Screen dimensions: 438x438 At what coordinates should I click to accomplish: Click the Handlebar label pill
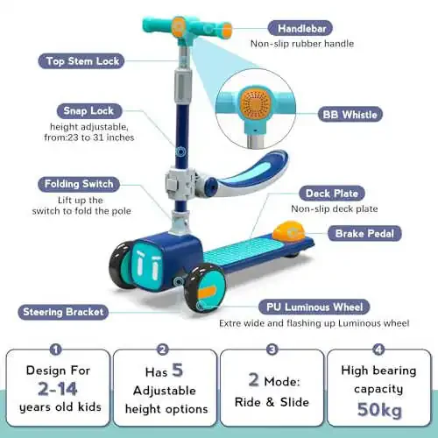click(300, 28)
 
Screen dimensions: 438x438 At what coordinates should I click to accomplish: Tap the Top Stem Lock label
click(81, 61)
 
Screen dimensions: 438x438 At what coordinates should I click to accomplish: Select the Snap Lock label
click(89, 111)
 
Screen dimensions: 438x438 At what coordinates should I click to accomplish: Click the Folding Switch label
click(79, 184)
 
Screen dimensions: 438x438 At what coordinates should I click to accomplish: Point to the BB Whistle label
click(350, 115)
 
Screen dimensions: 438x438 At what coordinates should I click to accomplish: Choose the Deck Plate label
click(332, 194)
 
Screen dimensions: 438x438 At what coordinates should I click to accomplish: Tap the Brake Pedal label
click(364, 234)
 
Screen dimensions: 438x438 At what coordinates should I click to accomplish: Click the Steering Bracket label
click(63, 312)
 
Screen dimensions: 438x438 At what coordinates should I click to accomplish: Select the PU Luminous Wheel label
click(314, 307)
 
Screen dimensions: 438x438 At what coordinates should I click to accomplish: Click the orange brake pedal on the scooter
click(288, 231)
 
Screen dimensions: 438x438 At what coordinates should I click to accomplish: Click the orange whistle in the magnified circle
click(256, 102)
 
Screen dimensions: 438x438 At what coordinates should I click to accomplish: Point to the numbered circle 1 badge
click(55, 350)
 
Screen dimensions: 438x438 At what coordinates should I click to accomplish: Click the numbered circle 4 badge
click(378, 350)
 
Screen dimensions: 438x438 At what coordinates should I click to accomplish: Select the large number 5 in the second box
click(177, 370)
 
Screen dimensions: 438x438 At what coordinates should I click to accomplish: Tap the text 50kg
click(379, 409)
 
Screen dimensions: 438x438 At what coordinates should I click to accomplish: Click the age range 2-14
click(58, 389)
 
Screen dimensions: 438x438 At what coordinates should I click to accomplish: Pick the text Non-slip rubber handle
click(302, 44)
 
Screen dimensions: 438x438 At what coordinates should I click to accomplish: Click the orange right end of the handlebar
click(227, 30)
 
